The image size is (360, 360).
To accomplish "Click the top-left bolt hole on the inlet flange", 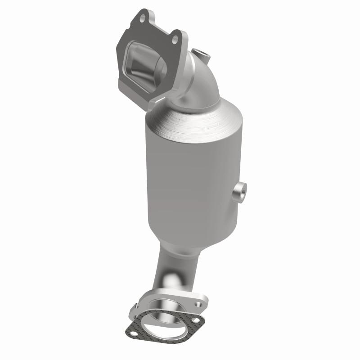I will [143, 19].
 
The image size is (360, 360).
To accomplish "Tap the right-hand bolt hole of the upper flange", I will [175, 40].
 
